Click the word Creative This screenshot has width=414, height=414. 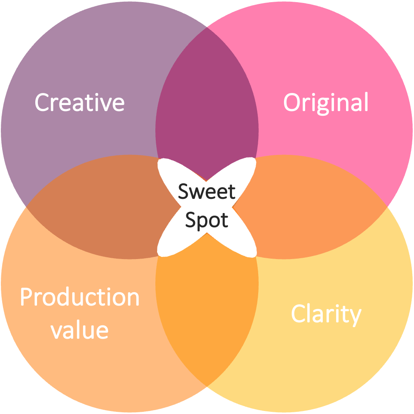point(80,102)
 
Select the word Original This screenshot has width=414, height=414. point(326,102)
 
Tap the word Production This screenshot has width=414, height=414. point(80,297)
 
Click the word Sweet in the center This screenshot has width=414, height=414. point(207,192)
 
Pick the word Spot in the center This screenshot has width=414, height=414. point(207,220)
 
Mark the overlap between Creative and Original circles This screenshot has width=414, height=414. point(207,99)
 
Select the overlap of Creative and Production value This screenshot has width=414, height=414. point(99,207)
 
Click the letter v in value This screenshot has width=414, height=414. point(56,331)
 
